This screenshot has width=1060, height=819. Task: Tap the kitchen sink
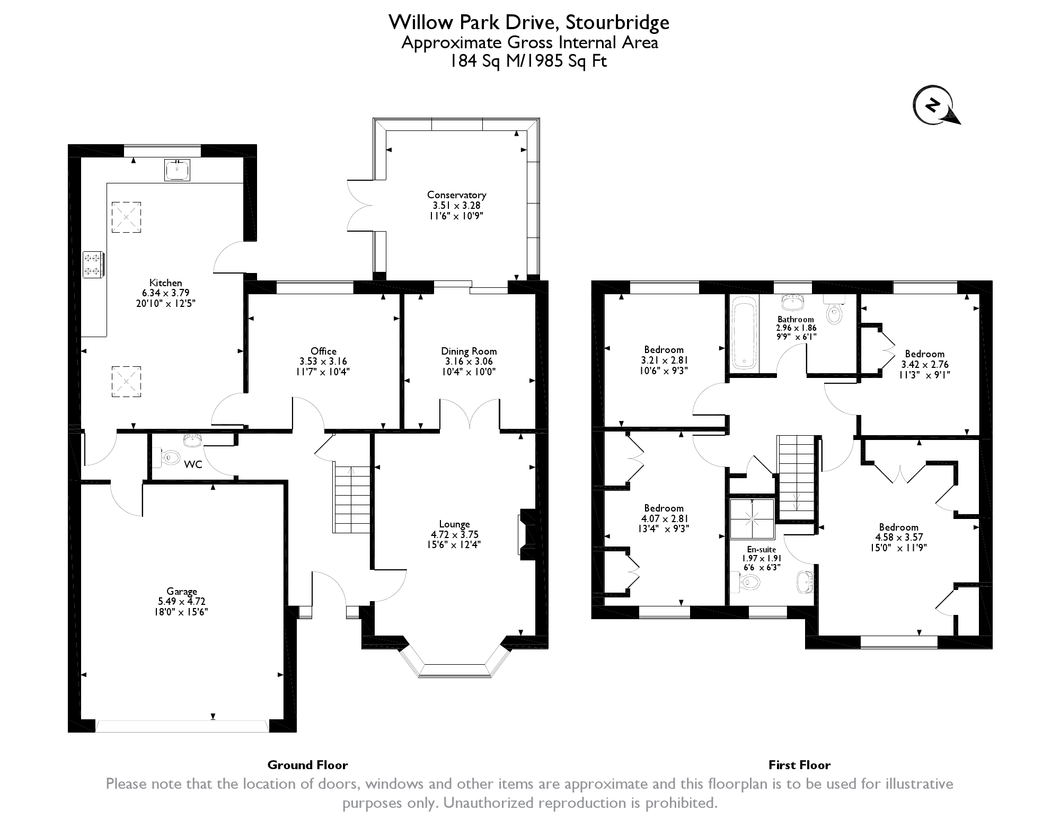(x=177, y=170)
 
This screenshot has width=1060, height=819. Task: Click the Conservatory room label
(x=456, y=195)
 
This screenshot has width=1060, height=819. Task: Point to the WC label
(x=193, y=464)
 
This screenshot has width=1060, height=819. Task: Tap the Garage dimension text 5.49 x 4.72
(x=181, y=601)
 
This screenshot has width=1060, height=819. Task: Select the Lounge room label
(x=454, y=524)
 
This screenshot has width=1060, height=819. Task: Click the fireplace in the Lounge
(x=527, y=534)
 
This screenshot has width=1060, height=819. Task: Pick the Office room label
(x=323, y=351)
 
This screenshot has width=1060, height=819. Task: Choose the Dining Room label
(x=469, y=351)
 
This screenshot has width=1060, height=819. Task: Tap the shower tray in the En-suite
(x=752, y=518)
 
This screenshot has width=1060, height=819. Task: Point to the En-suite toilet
(x=746, y=583)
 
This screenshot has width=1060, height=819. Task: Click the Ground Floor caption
(x=307, y=765)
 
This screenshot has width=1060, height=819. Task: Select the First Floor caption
(x=799, y=765)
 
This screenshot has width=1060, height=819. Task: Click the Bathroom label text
(x=796, y=319)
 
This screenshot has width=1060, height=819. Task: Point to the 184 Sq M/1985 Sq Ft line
(x=528, y=61)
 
